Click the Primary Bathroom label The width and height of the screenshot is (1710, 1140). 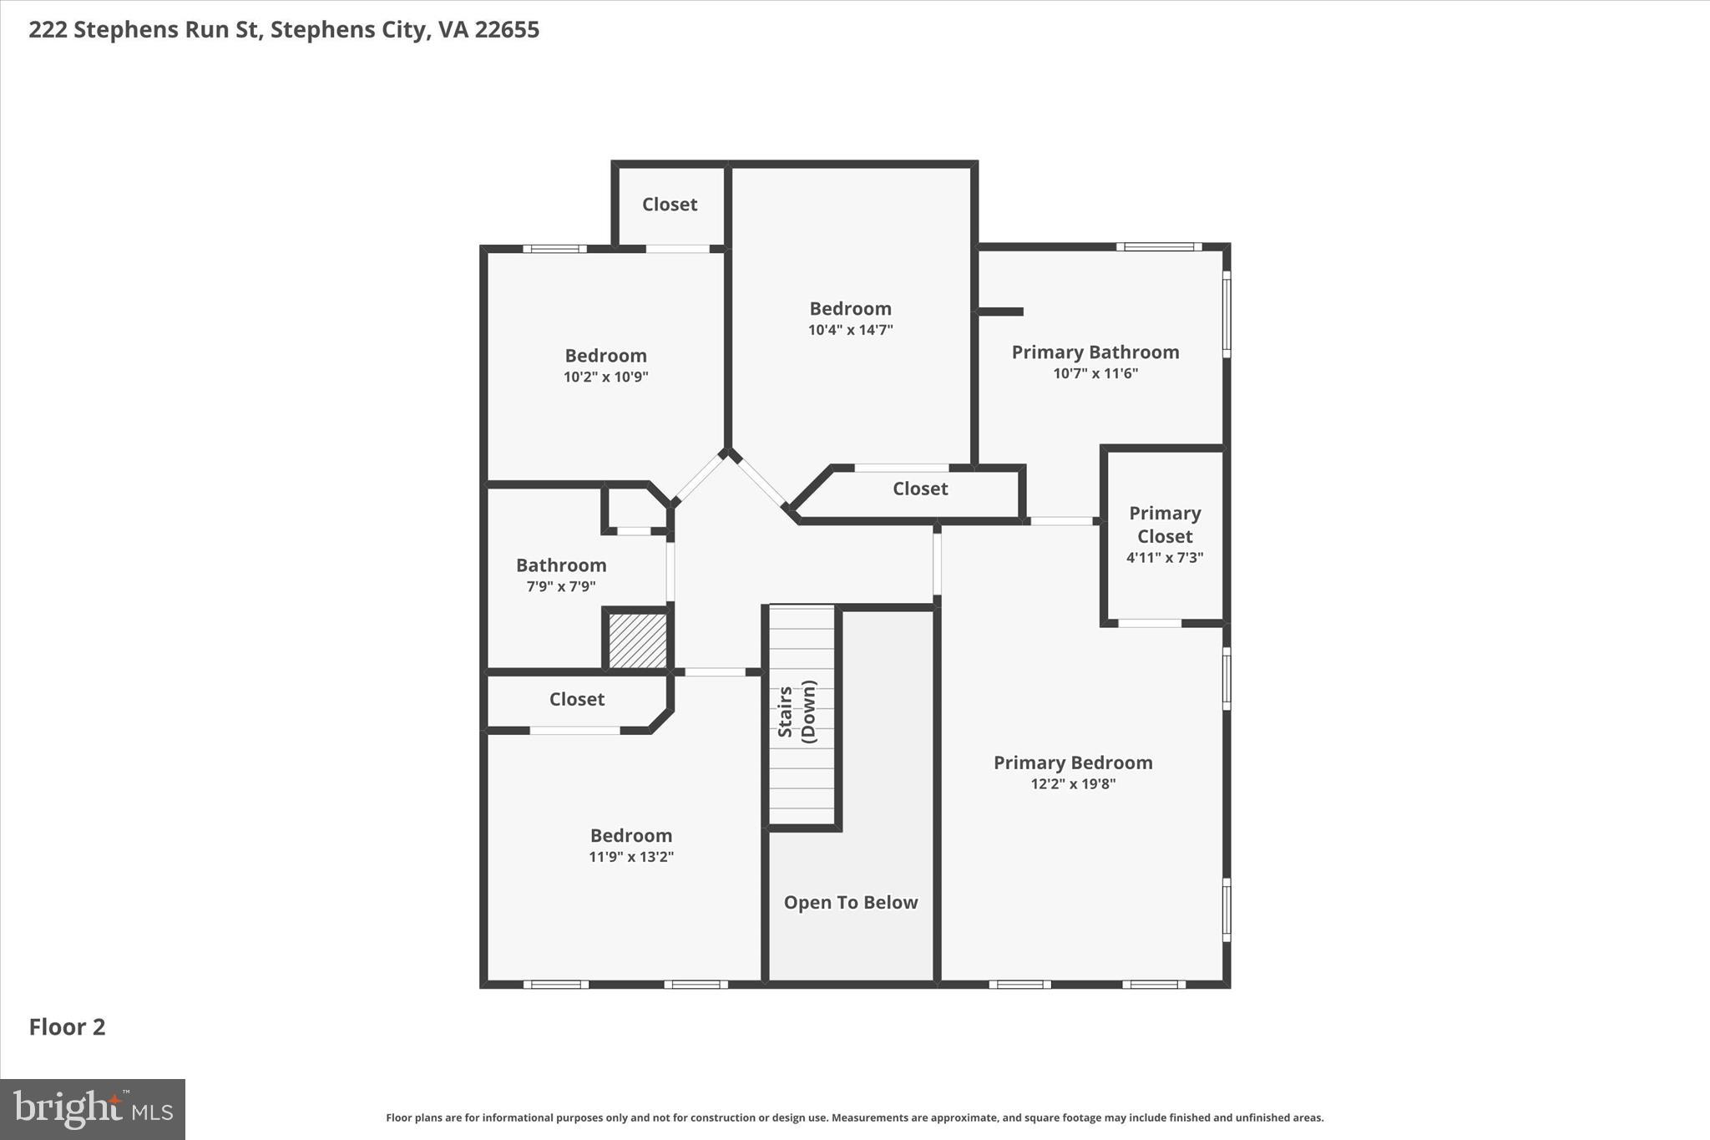click(x=1095, y=352)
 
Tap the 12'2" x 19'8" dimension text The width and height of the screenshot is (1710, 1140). click(x=1073, y=783)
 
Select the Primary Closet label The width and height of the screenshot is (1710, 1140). click(x=1164, y=524)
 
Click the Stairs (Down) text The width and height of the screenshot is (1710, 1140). click(x=797, y=712)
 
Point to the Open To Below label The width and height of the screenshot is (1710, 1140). click(x=850, y=902)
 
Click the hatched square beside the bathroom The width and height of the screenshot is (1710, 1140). click(x=637, y=641)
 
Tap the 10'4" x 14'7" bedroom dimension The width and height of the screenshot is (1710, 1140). click(x=850, y=330)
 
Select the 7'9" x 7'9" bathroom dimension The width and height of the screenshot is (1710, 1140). click(x=560, y=586)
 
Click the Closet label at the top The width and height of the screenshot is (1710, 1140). click(x=669, y=204)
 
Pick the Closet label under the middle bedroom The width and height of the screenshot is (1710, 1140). click(x=919, y=489)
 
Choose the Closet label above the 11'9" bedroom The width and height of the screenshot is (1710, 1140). click(x=576, y=699)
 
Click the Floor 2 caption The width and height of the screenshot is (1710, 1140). click(x=67, y=1026)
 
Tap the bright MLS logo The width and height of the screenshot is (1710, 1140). click(x=93, y=1109)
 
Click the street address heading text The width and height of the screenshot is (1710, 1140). click(x=284, y=29)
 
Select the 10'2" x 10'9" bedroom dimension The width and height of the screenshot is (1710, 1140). click(x=605, y=377)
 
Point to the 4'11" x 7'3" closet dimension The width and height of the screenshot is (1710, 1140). click(x=1164, y=557)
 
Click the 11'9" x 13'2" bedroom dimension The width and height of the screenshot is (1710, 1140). click(x=630, y=856)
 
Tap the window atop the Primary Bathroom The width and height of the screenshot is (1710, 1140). click(x=1159, y=246)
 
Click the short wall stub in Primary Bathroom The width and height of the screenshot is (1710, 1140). click(x=1000, y=312)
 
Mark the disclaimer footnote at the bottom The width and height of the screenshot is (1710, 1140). click(x=854, y=1117)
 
